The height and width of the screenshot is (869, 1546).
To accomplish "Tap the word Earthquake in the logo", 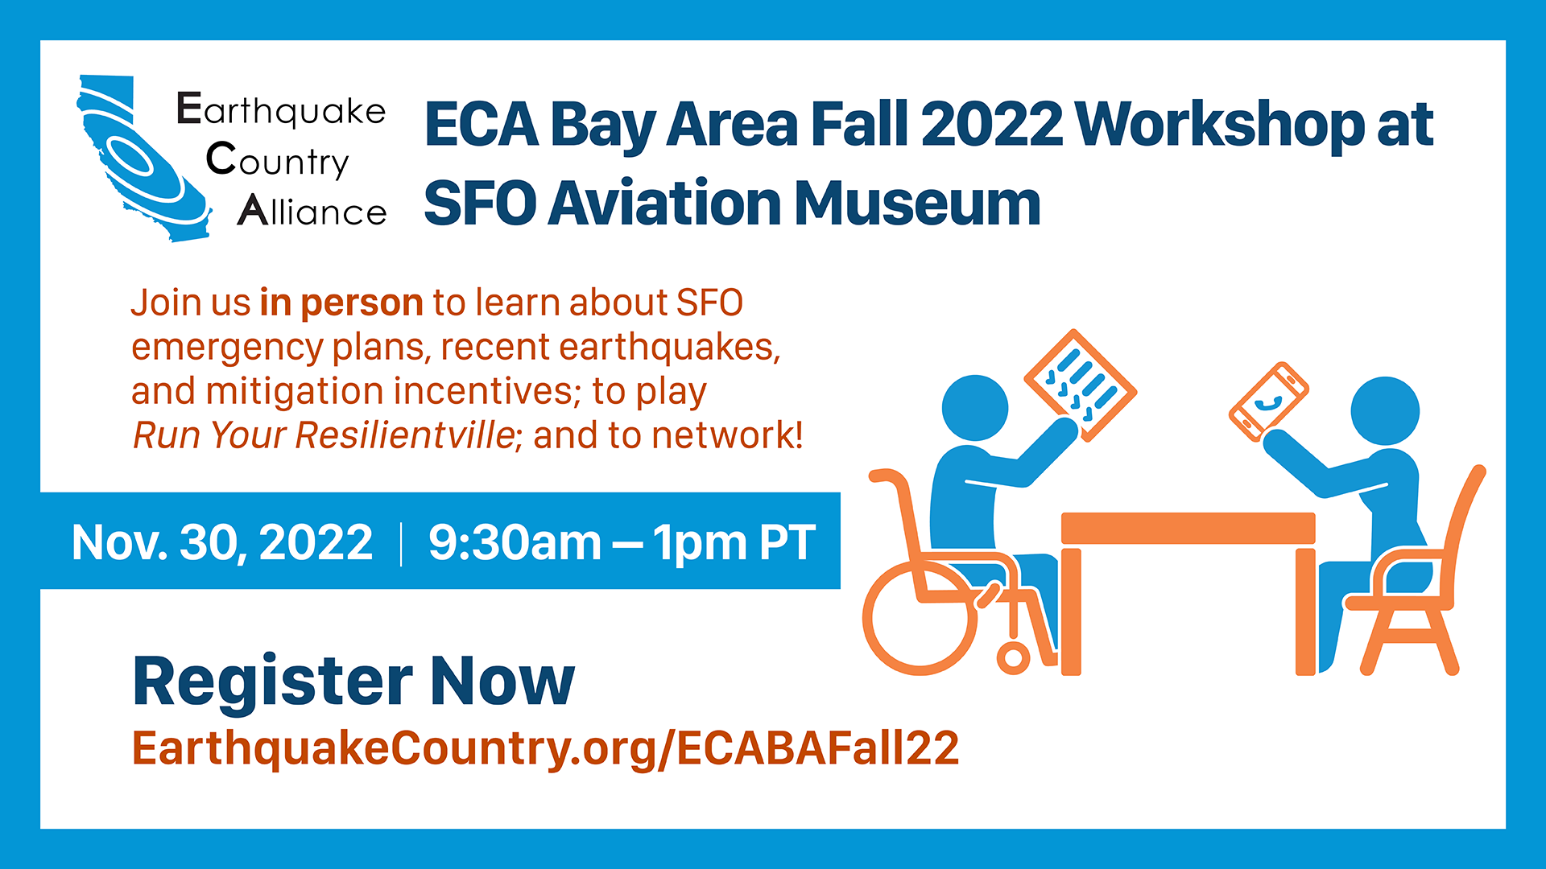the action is (281, 110).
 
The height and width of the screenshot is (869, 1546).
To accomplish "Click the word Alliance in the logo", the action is (312, 210).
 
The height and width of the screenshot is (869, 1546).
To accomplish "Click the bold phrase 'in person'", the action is (341, 303).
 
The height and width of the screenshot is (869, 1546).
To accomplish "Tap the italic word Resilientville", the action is (406, 435).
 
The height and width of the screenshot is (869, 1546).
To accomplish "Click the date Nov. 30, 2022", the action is (222, 542).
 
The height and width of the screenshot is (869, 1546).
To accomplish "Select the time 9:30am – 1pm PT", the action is (622, 542).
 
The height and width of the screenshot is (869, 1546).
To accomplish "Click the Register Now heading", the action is (353, 682).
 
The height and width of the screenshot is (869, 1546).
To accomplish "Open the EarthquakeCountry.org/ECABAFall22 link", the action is (546, 748).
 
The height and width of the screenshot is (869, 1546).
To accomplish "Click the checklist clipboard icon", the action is (1081, 385).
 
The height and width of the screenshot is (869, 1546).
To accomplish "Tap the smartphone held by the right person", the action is (1268, 402).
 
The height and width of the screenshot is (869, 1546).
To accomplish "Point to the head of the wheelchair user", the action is (975, 408).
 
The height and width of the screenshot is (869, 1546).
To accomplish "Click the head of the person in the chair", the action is (1385, 410).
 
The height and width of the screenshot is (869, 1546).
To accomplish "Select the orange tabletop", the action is (1188, 528).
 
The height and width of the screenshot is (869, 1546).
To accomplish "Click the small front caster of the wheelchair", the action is (1013, 657).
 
